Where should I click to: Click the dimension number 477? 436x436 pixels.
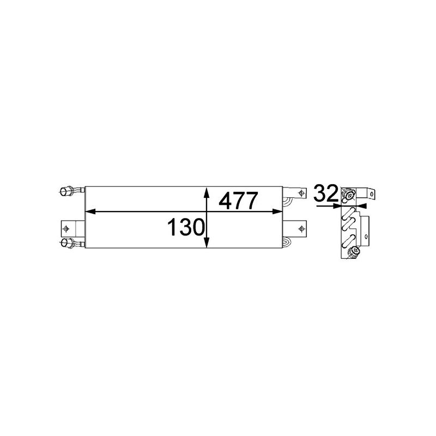(238, 201)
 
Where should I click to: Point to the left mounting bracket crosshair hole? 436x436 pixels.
(66, 228)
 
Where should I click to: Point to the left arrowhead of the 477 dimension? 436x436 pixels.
(90, 210)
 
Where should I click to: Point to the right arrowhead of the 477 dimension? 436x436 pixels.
(280, 210)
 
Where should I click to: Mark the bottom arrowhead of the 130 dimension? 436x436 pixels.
(206, 246)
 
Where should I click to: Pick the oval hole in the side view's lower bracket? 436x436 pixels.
(366, 236)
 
